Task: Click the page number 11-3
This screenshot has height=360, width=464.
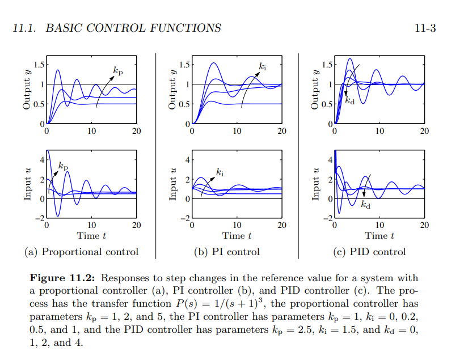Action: click(x=425, y=28)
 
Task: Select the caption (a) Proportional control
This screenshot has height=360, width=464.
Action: click(x=82, y=252)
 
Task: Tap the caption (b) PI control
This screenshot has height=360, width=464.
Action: click(x=227, y=252)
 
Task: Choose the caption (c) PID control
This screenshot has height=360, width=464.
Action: click(x=370, y=252)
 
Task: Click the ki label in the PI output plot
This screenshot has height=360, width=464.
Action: click(x=262, y=67)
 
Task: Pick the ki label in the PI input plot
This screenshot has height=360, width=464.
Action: click(x=219, y=171)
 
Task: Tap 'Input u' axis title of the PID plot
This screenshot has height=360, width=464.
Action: click(x=316, y=184)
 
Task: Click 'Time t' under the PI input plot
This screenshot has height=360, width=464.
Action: click(x=237, y=235)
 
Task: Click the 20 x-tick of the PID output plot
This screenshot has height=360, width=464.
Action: click(x=424, y=132)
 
